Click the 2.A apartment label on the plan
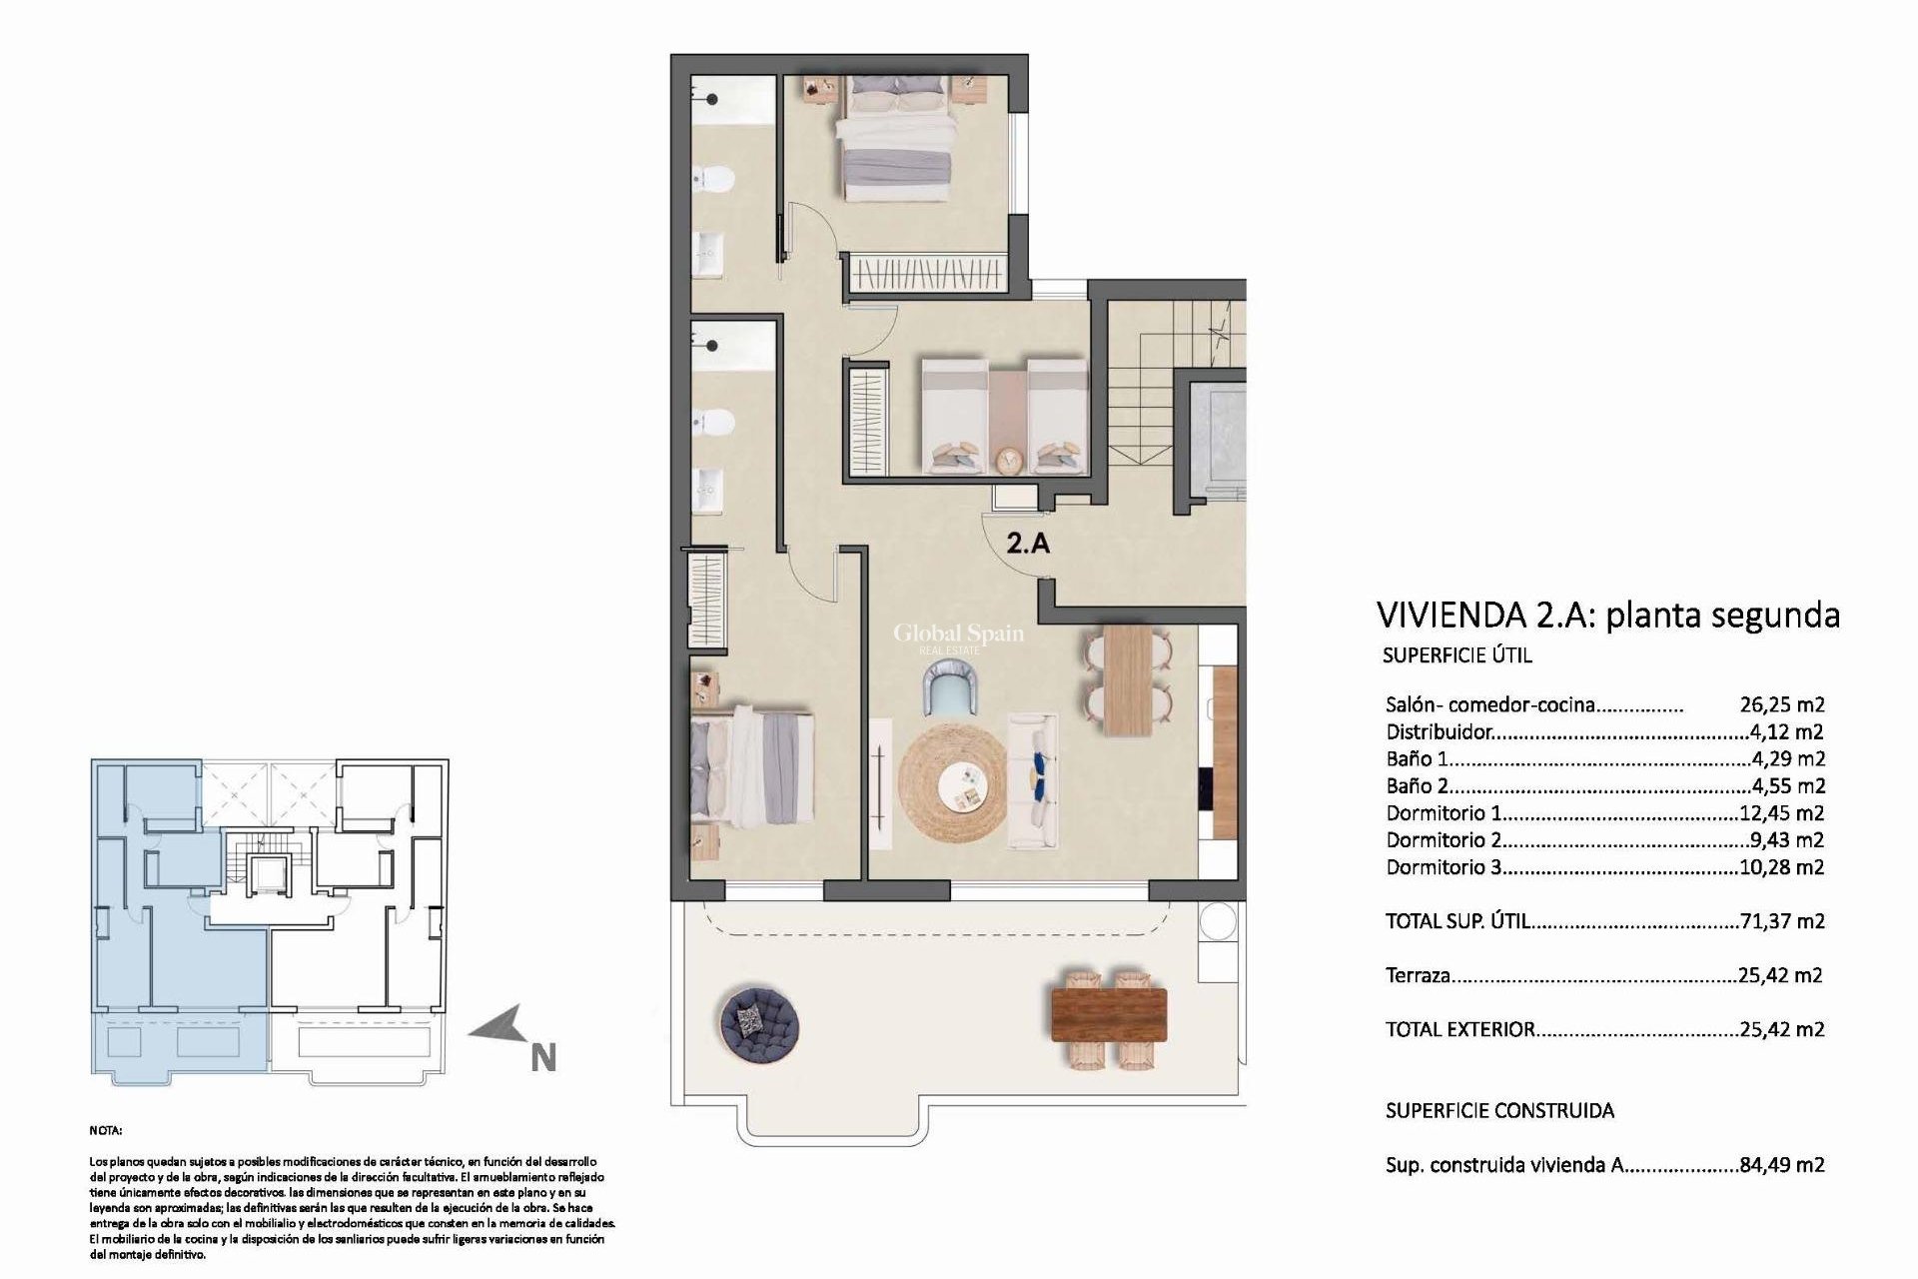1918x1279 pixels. point(1028,545)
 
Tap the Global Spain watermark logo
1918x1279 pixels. point(957,636)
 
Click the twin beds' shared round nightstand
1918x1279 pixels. point(1009,459)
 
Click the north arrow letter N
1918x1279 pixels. point(542,1058)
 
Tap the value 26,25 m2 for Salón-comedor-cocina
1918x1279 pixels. point(1781,704)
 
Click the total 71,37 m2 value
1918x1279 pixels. point(1781,921)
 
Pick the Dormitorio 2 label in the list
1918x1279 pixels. point(1444,840)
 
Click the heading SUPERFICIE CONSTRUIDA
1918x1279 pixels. point(1499,1110)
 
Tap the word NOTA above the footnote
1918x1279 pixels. point(105,1131)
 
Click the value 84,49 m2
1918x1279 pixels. point(1781,1164)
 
